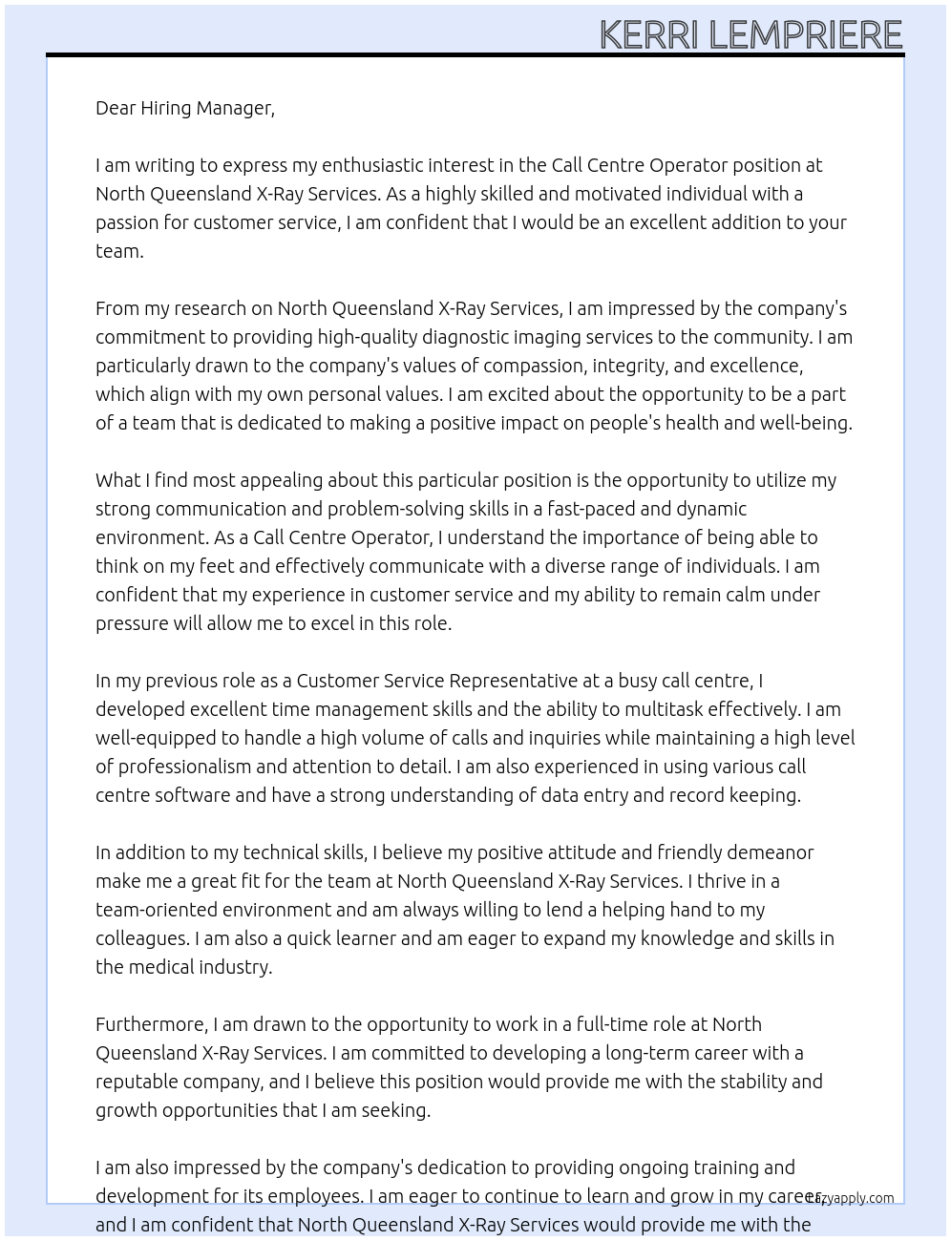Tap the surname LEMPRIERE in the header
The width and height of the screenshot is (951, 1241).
pyautogui.click(x=806, y=35)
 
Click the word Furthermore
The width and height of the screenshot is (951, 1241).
pyautogui.click(x=151, y=1024)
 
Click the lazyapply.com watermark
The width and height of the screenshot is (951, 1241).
pyautogui.click(x=852, y=1198)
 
